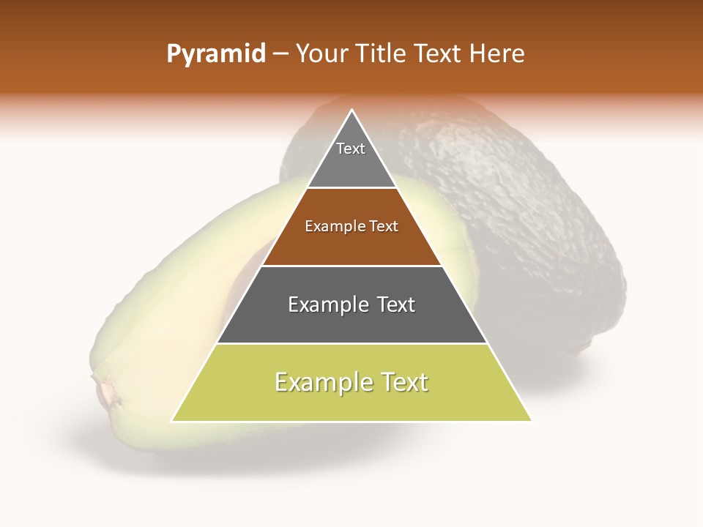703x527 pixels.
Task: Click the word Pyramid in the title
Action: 215,54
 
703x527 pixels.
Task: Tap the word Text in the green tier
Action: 401,382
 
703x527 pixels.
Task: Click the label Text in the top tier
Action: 351,149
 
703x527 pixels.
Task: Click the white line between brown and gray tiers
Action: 351,266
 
